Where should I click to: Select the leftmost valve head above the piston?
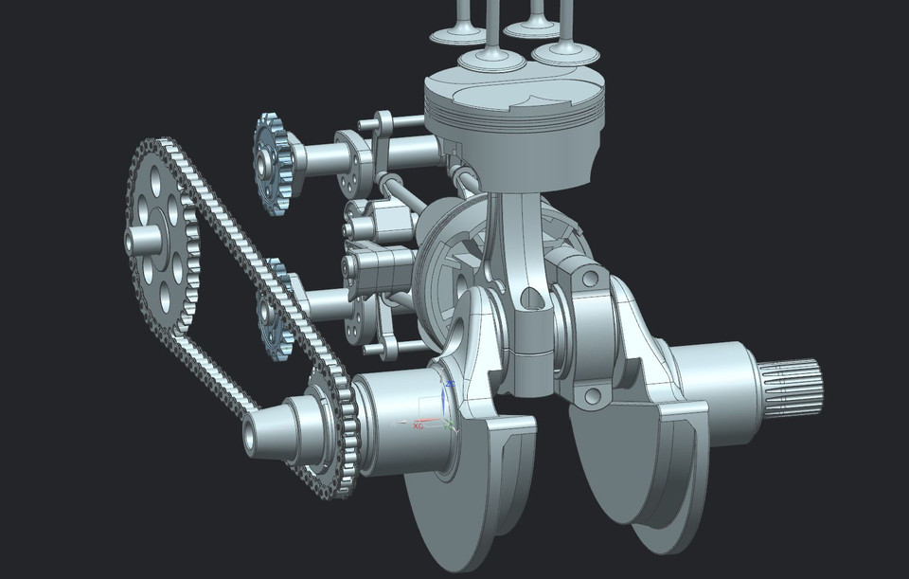click(458, 35)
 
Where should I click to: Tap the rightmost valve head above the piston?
click(565, 51)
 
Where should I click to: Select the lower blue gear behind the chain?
click(276, 317)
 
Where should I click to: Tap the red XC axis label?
click(417, 425)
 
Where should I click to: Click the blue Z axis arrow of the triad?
click(451, 389)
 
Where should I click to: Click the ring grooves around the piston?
click(511, 123)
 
